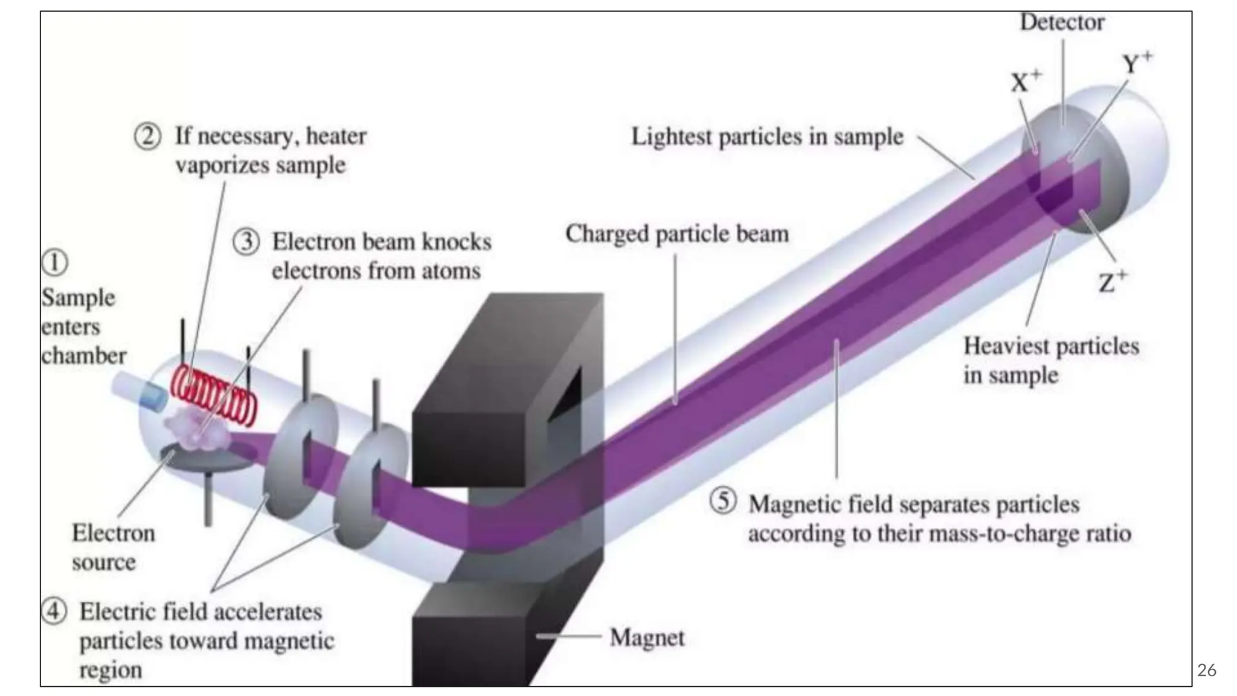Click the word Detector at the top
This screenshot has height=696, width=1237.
coord(1062,22)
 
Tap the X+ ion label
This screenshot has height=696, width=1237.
coord(1027,82)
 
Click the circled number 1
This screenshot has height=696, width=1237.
coord(54,263)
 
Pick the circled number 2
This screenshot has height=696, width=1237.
coord(147,137)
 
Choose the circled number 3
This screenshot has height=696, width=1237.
coord(246,242)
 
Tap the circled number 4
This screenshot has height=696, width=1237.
coord(54,611)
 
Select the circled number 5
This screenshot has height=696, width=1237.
coord(723,502)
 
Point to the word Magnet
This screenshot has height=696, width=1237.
coord(647,637)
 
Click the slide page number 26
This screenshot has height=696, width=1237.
coord(1207,670)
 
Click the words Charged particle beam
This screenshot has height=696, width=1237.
coord(677,234)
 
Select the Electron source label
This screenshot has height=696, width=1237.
coord(114,547)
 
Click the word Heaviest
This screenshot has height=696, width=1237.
coord(1004,346)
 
